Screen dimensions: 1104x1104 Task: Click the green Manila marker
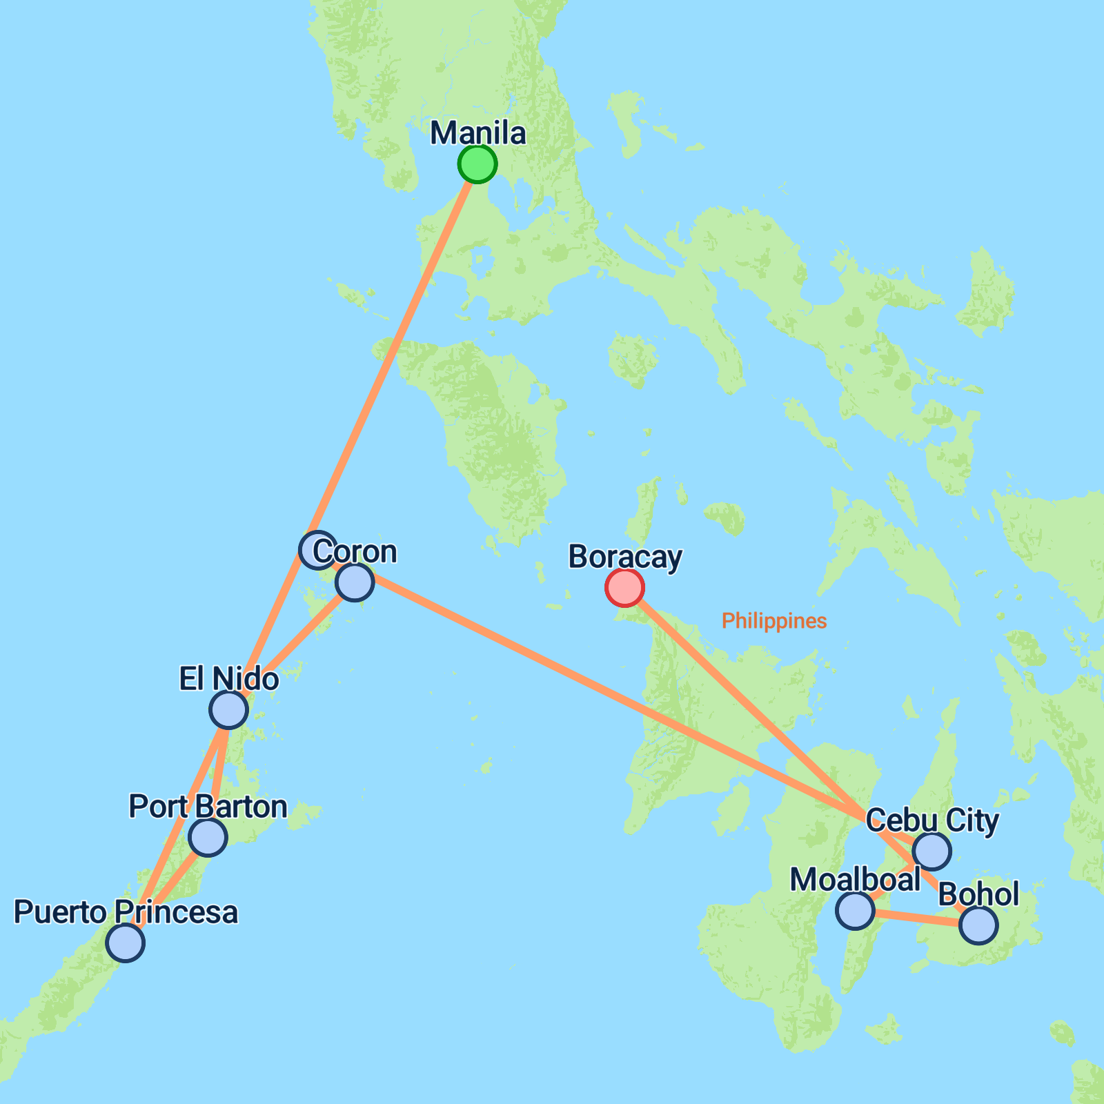tap(477, 164)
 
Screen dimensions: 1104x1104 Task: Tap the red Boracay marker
tap(624, 588)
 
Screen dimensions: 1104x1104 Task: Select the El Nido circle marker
tap(228, 709)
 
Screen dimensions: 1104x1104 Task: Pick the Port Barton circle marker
tap(208, 837)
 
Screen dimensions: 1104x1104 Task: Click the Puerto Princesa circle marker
tap(126, 943)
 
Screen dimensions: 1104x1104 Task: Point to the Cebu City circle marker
tap(931, 851)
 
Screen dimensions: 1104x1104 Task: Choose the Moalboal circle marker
tap(854, 909)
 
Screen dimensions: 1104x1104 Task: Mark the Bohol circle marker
tap(978, 925)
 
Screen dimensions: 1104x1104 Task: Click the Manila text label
tap(478, 133)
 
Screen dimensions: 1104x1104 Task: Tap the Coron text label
tap(355, 551)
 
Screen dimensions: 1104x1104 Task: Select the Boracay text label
tap(625, 557)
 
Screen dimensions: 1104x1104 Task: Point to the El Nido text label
tap(229, 679)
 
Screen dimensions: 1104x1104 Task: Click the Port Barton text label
tap(208, 807)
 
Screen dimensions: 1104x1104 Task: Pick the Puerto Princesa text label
tap(126, 912)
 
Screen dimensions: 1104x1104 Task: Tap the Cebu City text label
tap(932, 820)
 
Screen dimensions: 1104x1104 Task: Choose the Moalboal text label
tap(855, 880)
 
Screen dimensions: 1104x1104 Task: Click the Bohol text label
tap(978, 894)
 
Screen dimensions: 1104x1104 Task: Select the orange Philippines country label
tap(774, 621)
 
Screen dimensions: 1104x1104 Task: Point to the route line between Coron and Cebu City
tap(607, 697)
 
